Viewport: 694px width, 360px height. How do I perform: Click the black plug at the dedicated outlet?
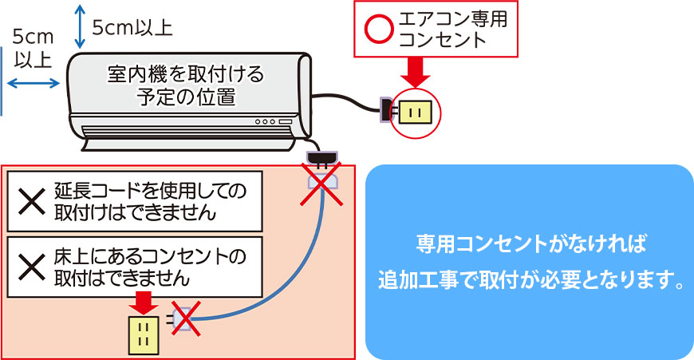[386, 111]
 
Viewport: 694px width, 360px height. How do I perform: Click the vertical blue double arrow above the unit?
[78, 26]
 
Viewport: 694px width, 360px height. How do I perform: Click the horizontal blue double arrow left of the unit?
[33, 82]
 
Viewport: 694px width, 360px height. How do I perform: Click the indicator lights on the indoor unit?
[271, 122]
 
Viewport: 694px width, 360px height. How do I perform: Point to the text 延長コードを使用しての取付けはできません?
[150, 202]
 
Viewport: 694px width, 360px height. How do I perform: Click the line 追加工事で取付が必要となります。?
[530, 281]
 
